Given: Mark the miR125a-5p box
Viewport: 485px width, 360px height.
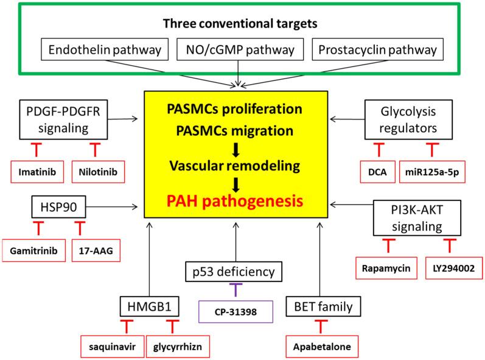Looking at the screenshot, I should pyautogui.click(x=431, y=171).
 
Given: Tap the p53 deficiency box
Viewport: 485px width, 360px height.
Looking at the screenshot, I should pyautogui.click(x=235, y=270).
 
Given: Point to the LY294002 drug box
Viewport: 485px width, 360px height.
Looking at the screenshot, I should pyautogui.click(x=448, y=267).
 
